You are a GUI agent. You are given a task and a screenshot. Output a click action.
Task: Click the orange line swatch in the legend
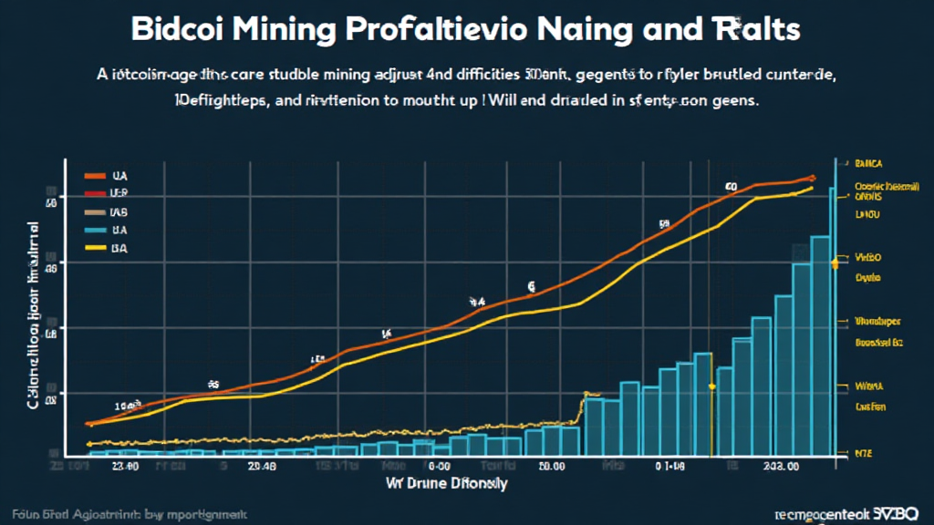[93, 174]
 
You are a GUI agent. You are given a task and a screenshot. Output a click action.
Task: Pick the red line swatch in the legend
[93, 193]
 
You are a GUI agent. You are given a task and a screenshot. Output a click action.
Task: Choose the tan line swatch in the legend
[93, 211]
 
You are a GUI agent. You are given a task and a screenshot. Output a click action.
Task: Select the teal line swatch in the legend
[93, 230]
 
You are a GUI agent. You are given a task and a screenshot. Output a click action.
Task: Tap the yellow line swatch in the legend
[93, 248]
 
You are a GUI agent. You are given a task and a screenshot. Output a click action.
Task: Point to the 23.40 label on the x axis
[124, 466]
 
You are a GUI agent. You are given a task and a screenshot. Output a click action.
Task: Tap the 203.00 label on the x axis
[781, 466]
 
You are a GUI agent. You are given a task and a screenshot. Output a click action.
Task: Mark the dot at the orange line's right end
[811, 178]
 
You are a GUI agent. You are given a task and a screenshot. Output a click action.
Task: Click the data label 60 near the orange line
[731, 186]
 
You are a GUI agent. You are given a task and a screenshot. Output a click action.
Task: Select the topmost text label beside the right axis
[870, 165]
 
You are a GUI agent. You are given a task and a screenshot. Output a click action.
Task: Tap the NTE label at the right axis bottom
[863, 452]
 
